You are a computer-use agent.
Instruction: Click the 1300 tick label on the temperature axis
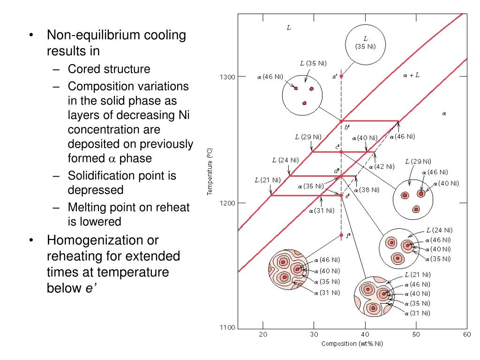(227, 77)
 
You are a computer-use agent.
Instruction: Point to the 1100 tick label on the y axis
(227, 328)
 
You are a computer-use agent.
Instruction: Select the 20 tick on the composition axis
(263, 334)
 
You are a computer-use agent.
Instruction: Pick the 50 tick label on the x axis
(416, 334)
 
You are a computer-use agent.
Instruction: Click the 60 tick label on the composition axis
(466, 334)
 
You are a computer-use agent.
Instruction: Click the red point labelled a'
(341, 76)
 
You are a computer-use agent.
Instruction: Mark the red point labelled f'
(341, 235)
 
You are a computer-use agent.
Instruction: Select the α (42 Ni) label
(381, 166)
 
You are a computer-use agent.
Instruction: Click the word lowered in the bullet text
(103, 221)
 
